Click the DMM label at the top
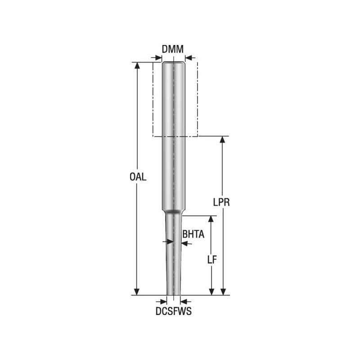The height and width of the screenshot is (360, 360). tap(173, 49)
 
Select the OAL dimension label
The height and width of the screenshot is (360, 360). tap(138, 177)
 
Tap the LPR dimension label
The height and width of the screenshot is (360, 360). tap(222, 202)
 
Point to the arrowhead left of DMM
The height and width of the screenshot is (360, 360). tap(158, 58)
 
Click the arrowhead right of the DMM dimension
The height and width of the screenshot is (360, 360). tap(188, 58)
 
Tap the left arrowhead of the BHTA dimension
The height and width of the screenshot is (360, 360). tap(170, 242)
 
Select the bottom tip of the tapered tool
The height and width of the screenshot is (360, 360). tap(173, 294)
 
